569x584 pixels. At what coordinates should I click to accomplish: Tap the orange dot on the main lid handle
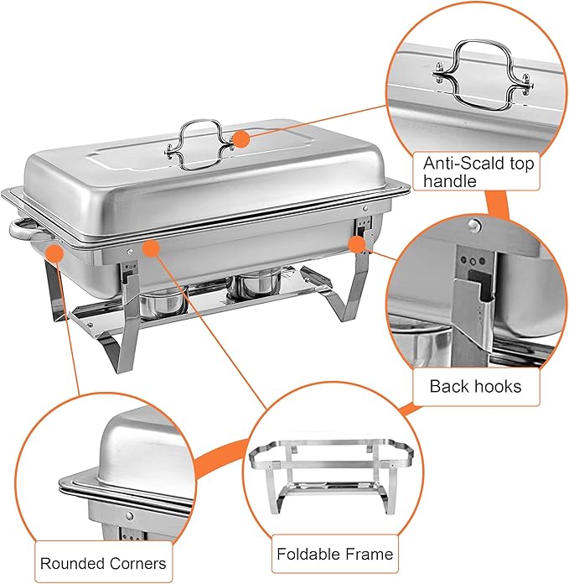tap(241, 140)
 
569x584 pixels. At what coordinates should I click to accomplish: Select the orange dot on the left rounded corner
tap(55, 251)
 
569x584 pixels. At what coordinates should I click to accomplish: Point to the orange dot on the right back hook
tap(357, 244)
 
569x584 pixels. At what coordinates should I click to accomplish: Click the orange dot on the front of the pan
tap(152, 247)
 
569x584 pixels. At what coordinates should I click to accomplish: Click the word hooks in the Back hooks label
tap(495, 386)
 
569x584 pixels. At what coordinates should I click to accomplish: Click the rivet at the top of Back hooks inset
tap(474, 225)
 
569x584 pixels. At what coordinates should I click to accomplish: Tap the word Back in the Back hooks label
tap(448, 386)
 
